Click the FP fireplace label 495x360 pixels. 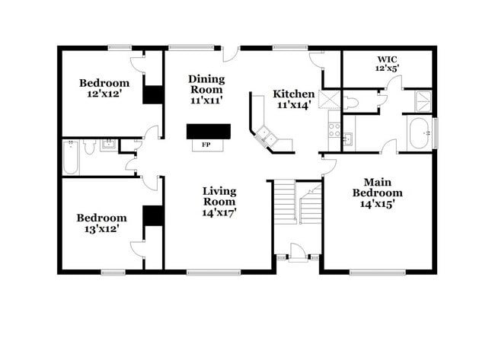click(x=206, y=145)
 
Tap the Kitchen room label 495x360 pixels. click(x=293, y=100)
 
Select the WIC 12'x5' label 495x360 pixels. click(x=388, y=63)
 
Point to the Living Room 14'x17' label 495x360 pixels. click(x=219, y=202)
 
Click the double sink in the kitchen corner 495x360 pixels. click(x=267, y=137)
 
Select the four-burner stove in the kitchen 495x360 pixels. click(x=334, y=129)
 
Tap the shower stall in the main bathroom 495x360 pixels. click(x=423, y=100)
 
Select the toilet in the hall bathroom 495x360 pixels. click(x=89, y=147)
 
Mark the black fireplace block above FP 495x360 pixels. click(x=209, y=131)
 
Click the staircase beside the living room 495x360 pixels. click(x=297, y=203)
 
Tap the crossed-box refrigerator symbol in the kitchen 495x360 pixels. click(x=330, y=100)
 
